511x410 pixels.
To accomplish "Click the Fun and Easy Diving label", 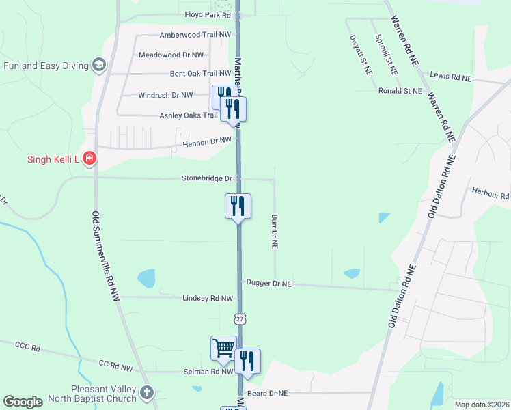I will (46, 66).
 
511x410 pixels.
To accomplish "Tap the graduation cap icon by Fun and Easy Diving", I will (99, 66).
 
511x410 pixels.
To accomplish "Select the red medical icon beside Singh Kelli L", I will (89, 160).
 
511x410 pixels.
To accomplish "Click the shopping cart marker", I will (223, 348).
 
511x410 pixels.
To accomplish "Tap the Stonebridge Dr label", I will (207, 178).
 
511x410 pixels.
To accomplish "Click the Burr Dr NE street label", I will (275, 231).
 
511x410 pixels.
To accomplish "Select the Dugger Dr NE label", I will (268, 283).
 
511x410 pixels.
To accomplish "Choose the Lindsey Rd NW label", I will (208, 299).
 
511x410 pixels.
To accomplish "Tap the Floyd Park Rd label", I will (208, 14).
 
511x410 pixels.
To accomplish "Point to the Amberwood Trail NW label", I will (185, 35).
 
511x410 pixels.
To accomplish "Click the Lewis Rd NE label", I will (451, 77).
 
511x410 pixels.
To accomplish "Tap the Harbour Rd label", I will (491, 193).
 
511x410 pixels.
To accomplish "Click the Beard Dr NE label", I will (268, 393).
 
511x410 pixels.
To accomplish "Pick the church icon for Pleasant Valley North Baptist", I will (147, 393).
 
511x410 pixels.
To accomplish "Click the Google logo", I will (23, 402).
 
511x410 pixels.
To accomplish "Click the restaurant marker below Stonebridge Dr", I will (238, 206).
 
